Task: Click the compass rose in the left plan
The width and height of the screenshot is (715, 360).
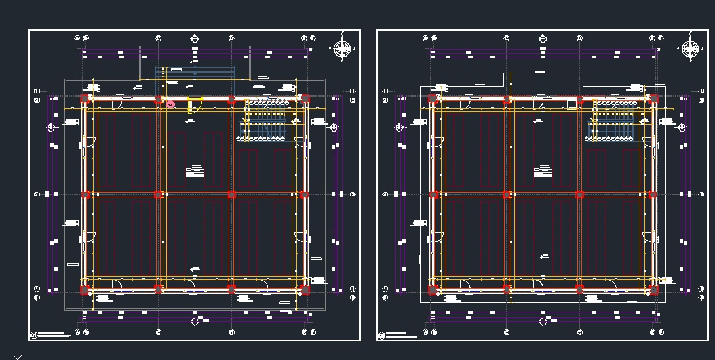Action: (x=343, y=49)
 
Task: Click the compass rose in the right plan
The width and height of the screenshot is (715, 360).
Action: (x=691, y=49)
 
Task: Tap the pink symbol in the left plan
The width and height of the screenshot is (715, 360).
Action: (x=171, y=104)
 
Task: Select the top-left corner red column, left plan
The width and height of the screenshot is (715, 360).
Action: (x=84, y=99)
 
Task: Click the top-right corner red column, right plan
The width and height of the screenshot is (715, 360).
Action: (x=653, y=99)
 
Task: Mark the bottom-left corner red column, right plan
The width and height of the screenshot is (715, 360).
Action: (x=433, y=290)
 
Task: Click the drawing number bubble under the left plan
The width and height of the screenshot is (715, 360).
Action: (x=33, y=335)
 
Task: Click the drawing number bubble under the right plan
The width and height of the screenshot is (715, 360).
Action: (x=381, y=335)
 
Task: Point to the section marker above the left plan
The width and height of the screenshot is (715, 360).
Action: (x=195, y=39)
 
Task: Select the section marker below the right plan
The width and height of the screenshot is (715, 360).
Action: (x=543, y=321)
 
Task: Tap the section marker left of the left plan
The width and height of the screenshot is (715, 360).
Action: (x=51, y=127)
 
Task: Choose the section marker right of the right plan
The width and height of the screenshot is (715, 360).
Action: (x=682, y=127)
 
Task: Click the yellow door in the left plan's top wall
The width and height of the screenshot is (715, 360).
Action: (x=195, y=104)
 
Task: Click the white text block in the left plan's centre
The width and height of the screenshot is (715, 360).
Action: (x=195, y=171)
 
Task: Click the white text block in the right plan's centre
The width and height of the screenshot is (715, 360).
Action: (x=543, y=171)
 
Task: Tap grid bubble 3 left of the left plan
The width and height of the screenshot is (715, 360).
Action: (x=37, y=195)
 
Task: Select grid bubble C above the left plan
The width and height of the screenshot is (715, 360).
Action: (x=159, y=39)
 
